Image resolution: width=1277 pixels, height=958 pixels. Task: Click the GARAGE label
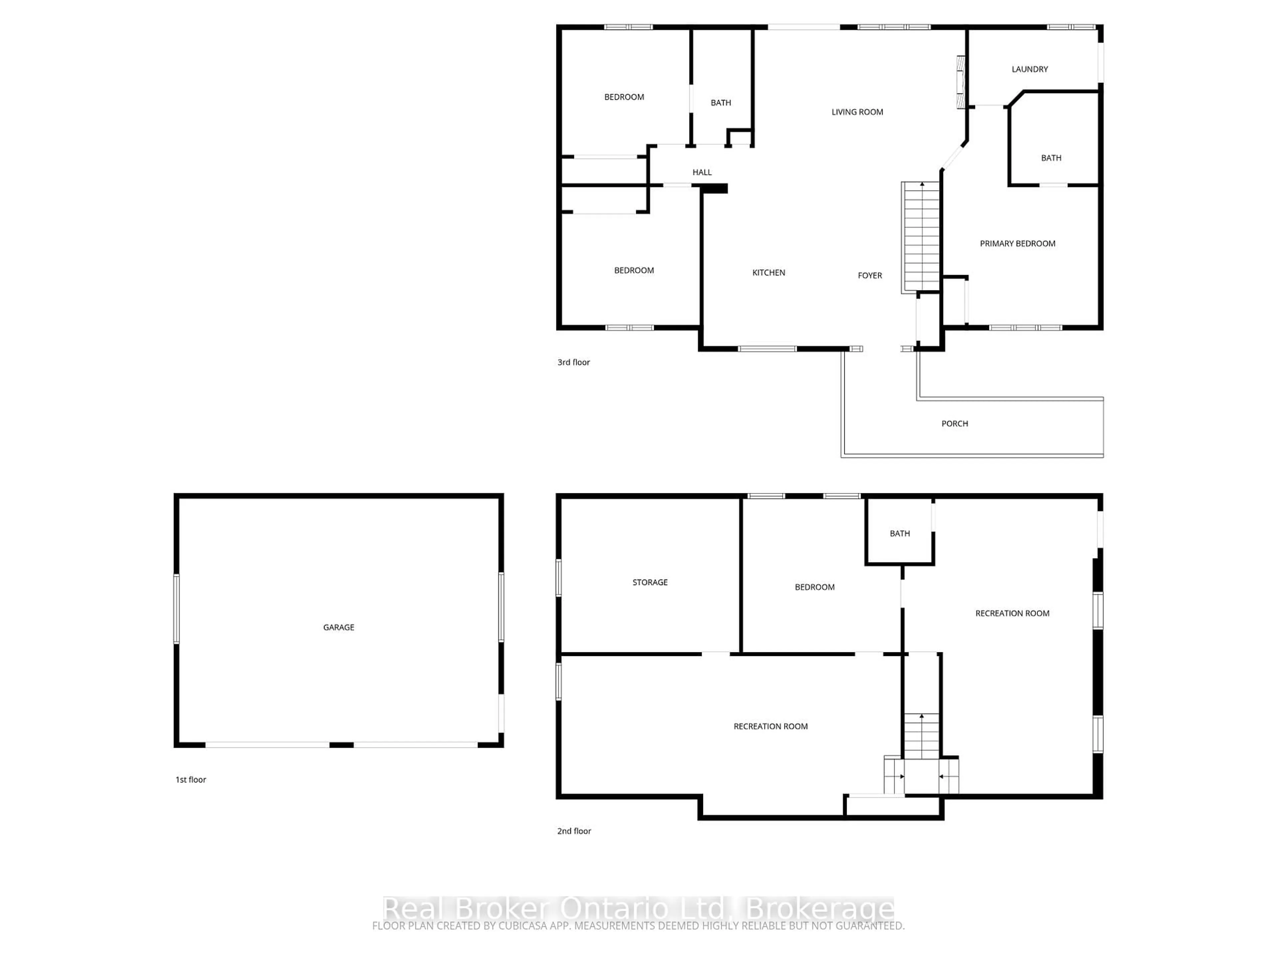[x=338, y=627]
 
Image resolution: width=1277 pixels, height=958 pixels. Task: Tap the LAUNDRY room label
[x=1029, y=69]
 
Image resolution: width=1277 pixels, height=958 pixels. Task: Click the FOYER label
[x=869, y=275]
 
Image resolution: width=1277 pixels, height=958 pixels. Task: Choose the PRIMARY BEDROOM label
[x=1017, y=244]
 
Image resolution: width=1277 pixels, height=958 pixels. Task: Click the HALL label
[x=702, y=172]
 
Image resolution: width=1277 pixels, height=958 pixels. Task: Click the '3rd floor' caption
[x=573, y=362]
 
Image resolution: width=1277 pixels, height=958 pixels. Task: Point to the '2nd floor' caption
[x=574, y=831]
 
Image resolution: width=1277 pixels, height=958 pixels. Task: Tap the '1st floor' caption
[x=191, y=780]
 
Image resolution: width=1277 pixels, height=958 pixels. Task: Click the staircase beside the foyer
[x=922, y=237]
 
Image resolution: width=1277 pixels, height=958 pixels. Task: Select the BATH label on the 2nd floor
[x=900, y=534]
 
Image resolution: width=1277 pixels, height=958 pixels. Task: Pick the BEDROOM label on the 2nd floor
[x=814, y=587]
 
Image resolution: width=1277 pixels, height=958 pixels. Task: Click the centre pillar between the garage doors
[x=341, y=745]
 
